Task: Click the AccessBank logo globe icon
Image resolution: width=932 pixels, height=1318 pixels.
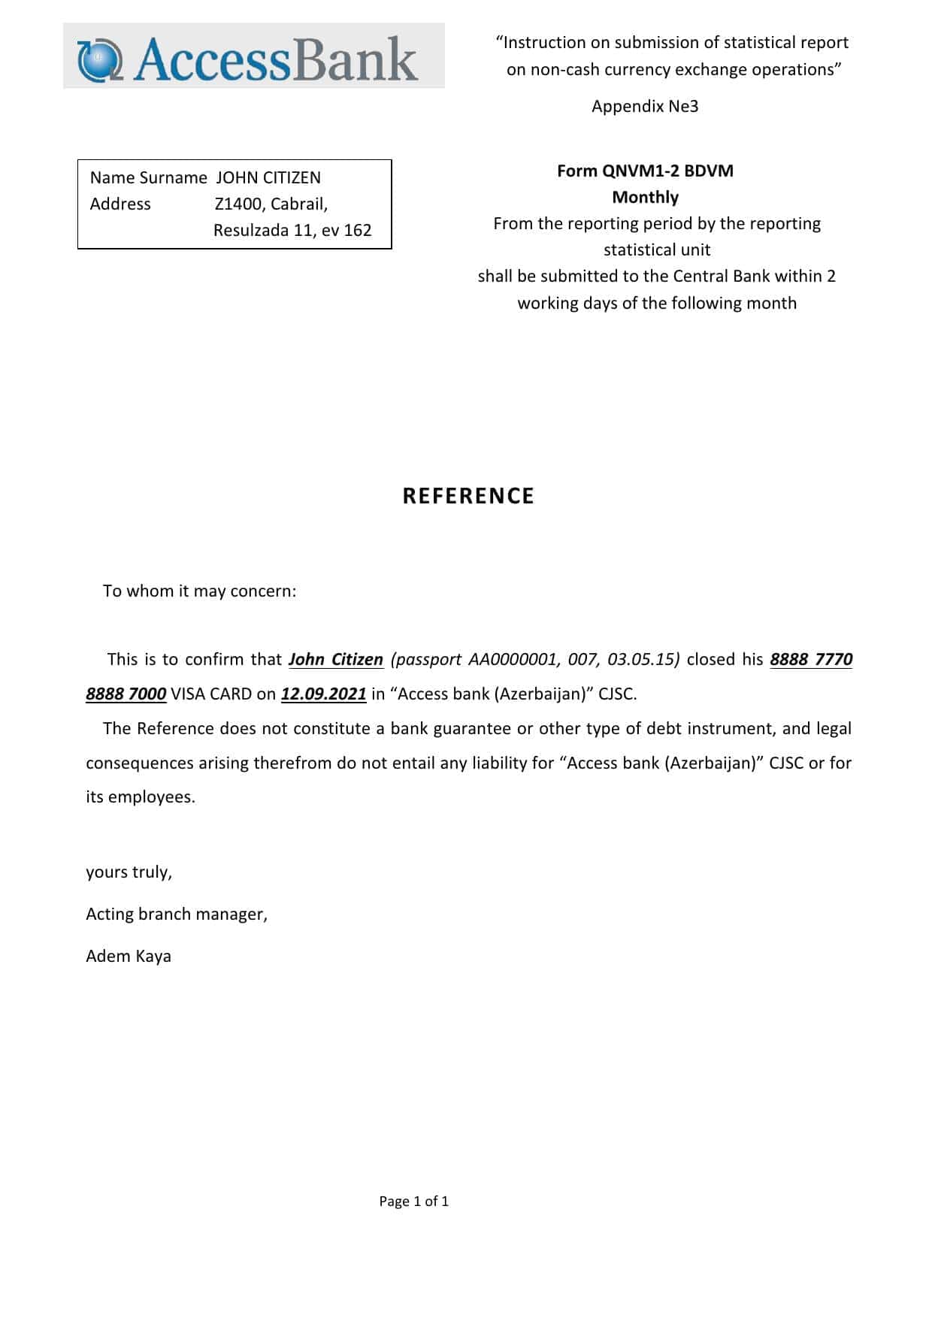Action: (101, 59)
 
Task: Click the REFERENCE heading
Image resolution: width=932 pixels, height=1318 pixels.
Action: (468, 496)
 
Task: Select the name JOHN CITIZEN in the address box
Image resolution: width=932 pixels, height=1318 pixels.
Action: (268, 178)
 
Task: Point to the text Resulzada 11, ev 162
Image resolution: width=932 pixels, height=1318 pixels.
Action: (292, 231)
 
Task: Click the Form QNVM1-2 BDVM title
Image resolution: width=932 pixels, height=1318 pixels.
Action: (645, 171)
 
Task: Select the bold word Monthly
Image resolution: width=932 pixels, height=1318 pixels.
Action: (645, 198)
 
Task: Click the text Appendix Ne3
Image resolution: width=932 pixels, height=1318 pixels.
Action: (645, 107)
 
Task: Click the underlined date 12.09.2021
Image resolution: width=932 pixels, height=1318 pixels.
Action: (323, 694)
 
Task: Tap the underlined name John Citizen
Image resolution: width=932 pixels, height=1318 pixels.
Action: (336, 660)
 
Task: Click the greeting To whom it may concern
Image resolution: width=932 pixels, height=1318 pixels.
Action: (199, 591)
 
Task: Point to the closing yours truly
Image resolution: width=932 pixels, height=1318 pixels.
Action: (129, 872)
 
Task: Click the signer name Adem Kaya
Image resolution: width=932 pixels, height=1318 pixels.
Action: (129, 957)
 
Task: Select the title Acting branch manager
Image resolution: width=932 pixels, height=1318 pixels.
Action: (177, 914)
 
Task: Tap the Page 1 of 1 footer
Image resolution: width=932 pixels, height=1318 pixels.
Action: (413, 1202)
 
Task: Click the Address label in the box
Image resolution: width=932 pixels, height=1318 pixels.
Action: (120, 204)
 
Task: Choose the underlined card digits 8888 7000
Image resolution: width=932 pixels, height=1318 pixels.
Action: (126, 694)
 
